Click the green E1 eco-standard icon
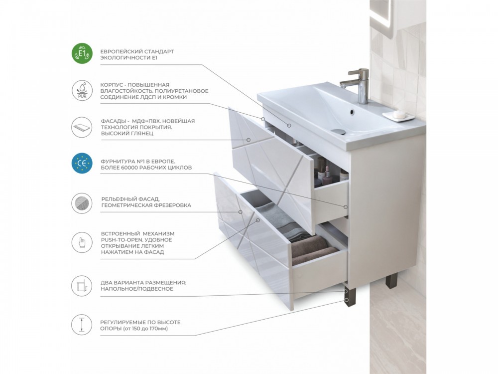click(x=82, y=53)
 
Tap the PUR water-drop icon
click(x=82, y=91)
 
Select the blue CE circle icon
click(x=82, y=164)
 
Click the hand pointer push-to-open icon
click(x=82, y=243)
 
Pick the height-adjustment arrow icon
click(x=82, y=325)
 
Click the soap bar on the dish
click(x=398, y=114)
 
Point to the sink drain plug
click(x=338, y=131)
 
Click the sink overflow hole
click(x=352, y=112)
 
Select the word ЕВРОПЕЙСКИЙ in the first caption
click(x=122, y=51)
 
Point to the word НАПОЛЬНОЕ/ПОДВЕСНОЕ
click(x=137, y=289)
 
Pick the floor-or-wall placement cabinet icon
click(x=82, y=286)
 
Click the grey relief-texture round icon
click(x=82, y=203)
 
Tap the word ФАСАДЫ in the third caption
click(x=112, y=121)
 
